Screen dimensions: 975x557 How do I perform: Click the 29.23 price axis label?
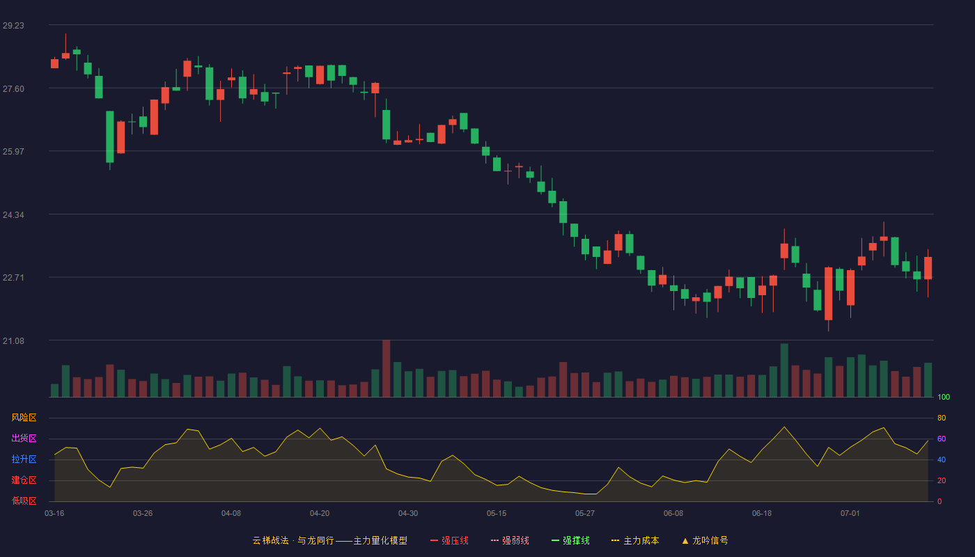[x=13, y=25]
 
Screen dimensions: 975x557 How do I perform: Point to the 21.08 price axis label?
[x=13, y=340]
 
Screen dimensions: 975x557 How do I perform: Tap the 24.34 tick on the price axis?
[x=13, y=215]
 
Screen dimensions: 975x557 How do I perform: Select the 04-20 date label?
[x=320, y=514]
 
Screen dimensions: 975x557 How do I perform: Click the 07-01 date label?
[x=850, y=514]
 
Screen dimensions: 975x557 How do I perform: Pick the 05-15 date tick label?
[x=497, y=514]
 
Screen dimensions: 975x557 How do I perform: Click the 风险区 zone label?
[x=24, y=417]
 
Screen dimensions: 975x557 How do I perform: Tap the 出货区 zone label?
[x=24, y=438]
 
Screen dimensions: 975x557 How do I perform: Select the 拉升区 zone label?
[x=24, y=459]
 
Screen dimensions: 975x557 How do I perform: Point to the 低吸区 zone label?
[x=24, y=501]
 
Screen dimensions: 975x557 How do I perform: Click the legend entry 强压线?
[x=449, y=540]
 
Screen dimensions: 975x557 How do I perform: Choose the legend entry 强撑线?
[x=570, y=540]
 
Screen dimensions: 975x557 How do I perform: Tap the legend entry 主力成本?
[x=635, y=540]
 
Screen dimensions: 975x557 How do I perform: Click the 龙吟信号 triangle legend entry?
[x=705, y=540]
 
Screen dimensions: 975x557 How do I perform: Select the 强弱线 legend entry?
[x=510, y=540]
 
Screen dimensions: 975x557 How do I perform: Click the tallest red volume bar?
[x=386, y=368]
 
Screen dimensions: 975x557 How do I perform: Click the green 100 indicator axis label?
[x=944, y=397]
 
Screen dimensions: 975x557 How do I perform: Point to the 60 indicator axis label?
[x=942, y=439]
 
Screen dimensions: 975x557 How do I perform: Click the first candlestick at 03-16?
[x=54, y=63]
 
